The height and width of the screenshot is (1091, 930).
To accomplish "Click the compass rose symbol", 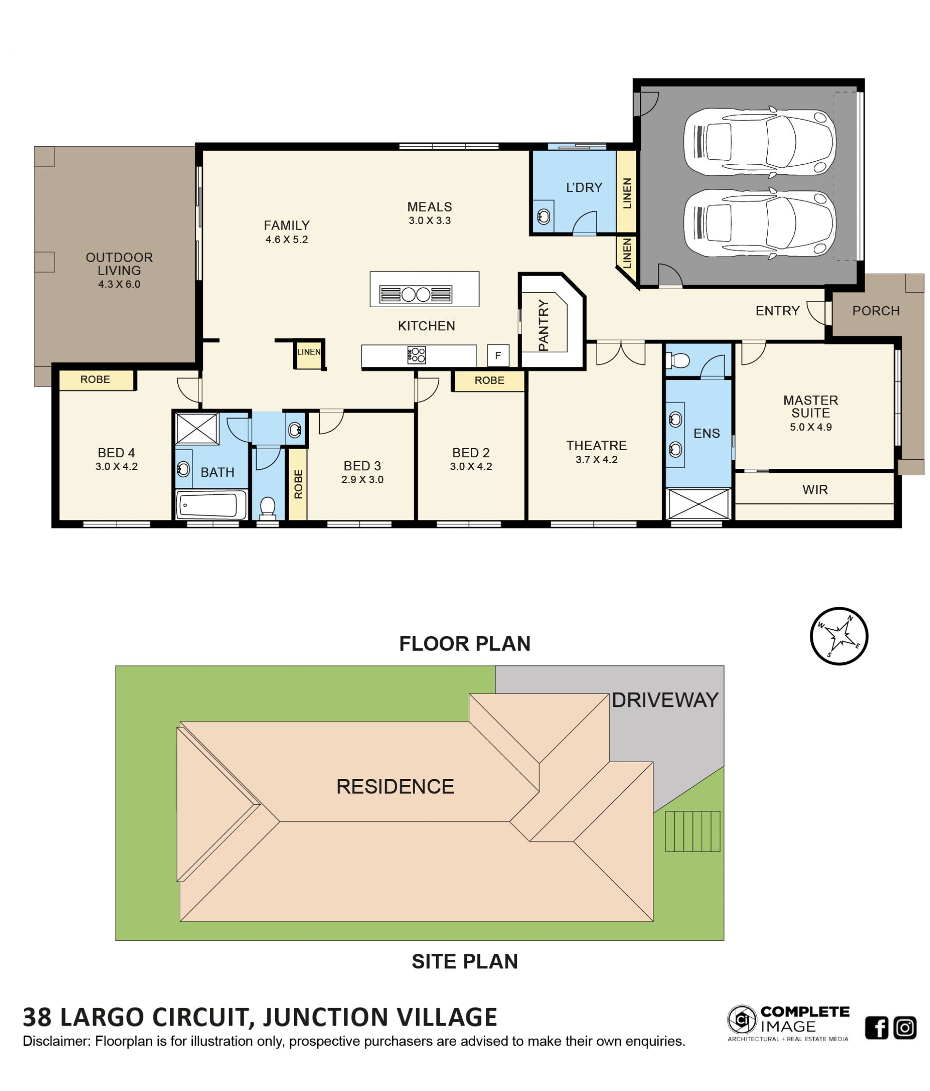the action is (838, 636).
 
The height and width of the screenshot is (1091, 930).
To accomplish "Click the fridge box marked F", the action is (497, 356).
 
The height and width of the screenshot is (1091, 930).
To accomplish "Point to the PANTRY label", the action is (543, 325).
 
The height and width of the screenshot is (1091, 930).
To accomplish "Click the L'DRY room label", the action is (583, 187).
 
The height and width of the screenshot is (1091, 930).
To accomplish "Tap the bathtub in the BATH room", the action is (211, 504).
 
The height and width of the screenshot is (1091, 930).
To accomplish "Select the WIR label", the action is (815, 490).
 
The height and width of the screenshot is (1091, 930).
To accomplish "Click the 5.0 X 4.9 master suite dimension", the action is (810, 427).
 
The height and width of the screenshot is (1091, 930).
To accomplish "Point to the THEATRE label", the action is (596, 445).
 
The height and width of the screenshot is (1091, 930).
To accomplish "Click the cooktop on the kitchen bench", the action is (416, 355).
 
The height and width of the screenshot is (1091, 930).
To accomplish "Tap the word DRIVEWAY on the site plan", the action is (665, 700).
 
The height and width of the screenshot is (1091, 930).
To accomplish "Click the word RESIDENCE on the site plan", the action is (395, 786).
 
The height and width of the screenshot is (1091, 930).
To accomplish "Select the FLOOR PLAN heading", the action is (465, 643).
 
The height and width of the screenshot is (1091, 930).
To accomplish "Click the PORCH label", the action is (876, 311).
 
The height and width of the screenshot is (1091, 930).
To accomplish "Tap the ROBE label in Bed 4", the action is (95, 380).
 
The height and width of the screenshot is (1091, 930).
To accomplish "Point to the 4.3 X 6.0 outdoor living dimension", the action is (119, 284).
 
